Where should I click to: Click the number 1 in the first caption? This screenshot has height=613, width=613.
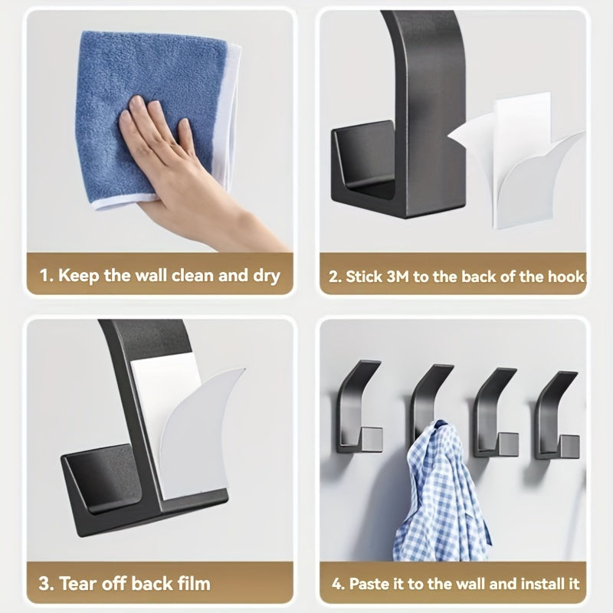tap(45, 276)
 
